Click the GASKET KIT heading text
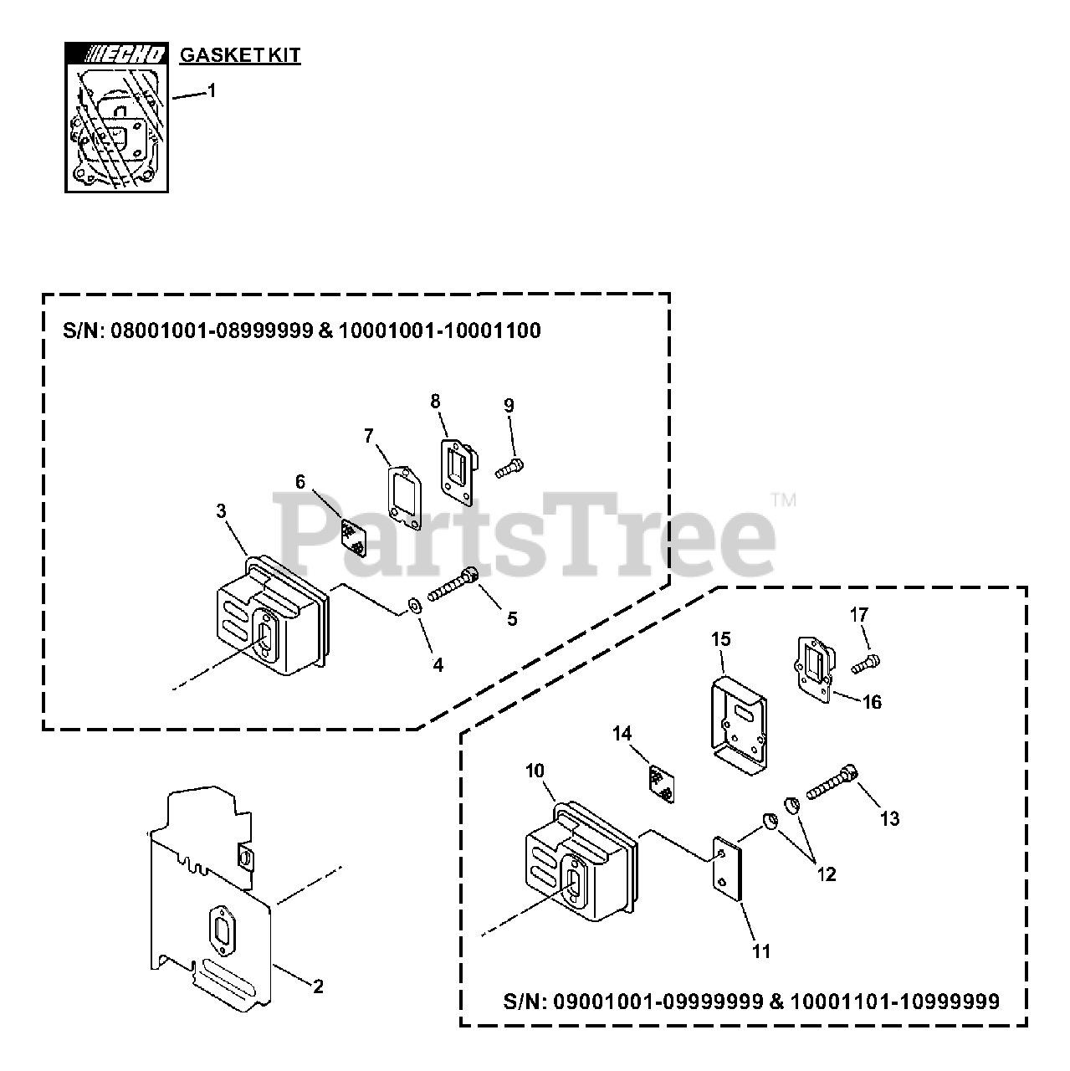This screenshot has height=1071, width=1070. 240,56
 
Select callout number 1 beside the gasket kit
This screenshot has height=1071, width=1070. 212,90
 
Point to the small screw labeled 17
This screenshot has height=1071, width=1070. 868,666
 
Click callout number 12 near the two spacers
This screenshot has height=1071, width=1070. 826,874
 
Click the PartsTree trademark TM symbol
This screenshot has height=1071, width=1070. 784,500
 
